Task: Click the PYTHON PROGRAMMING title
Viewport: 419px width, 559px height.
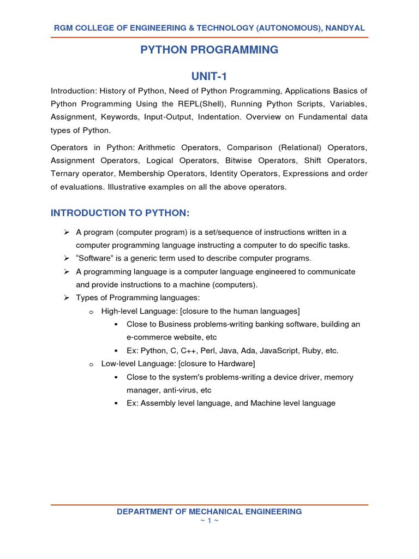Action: click(x=209, y=50)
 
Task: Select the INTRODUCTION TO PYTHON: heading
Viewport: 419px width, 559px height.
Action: click(x=119, y=212)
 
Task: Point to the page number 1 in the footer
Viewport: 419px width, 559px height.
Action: click(x=209, y=521)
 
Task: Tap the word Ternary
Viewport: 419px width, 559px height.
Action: click(x=65, y=174)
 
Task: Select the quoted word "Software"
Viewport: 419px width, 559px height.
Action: click(x=95, y=258)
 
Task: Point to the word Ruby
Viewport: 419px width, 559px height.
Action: click(x=320, y=350)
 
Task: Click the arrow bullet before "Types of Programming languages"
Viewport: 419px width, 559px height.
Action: click(x=66, y=298)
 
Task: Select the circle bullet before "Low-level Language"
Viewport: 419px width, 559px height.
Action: click(x=91, y=364)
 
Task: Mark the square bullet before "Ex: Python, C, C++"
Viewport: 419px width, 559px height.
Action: click(x=116, y=350)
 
